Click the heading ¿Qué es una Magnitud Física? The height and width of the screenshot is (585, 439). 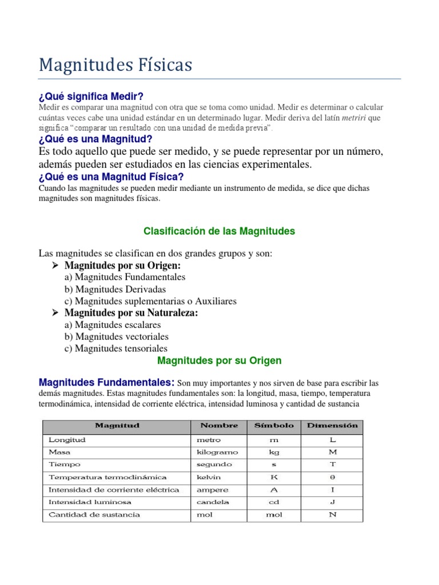(111, 177)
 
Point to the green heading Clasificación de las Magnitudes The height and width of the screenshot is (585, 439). (219, 231)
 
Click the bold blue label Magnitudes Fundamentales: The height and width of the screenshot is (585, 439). (106, 382)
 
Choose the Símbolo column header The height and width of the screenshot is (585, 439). (274, 426)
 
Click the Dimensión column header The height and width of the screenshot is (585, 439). (332, 426)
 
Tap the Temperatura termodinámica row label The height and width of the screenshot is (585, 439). (107, 477)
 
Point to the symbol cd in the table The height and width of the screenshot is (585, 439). (274, 502)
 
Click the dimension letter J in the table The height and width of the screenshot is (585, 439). (332, 502)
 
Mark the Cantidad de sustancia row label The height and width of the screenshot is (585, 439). (94, 515)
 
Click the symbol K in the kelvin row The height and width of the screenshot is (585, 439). (274, 477)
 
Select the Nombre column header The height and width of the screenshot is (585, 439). (218, 426)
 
